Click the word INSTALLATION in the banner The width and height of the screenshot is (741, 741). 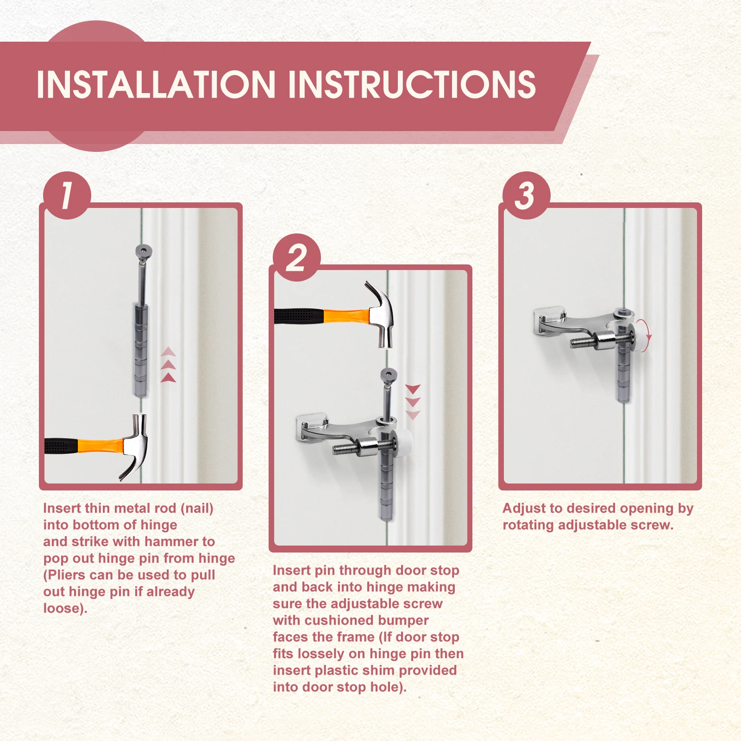[x=156, y=84]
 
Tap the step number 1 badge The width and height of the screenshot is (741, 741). [x=67, y=195]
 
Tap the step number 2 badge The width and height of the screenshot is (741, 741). [x=297, y=257]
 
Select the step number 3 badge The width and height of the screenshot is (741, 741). [x=526, y=195]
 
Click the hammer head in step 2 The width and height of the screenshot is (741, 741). [x=381, y=314]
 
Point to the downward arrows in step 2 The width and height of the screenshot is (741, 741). [x=413, y=402]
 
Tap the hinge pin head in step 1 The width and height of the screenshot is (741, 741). [x=144, y=252]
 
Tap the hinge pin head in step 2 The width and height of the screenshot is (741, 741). [x=387, y=375]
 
